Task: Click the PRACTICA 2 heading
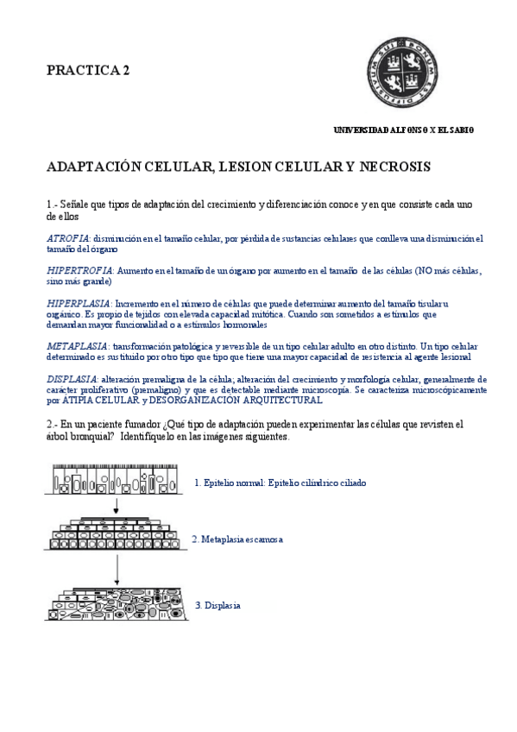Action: (88, 71)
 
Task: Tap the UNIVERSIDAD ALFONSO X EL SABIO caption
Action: (403, 129)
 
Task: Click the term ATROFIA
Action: (67, 238)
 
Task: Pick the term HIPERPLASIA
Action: (79, 304)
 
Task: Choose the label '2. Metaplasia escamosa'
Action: (236, 540)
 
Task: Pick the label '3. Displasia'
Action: (218, 606)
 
